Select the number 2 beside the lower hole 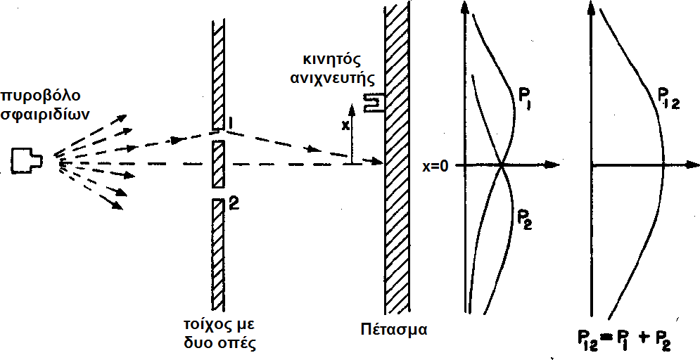point(235,205)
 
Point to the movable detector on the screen point(375,103)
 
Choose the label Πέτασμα point(393,328)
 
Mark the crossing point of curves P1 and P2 point(502,166)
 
